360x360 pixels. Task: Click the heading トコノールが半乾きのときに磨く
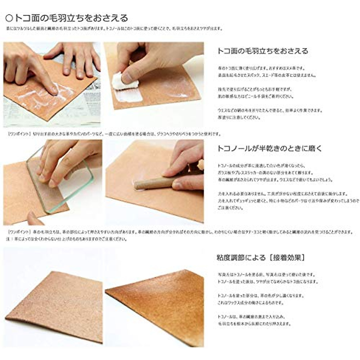tap(269, 148)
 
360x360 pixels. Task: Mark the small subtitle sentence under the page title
tap(114, 29)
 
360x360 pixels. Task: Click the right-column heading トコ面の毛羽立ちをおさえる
tap(262, 51)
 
